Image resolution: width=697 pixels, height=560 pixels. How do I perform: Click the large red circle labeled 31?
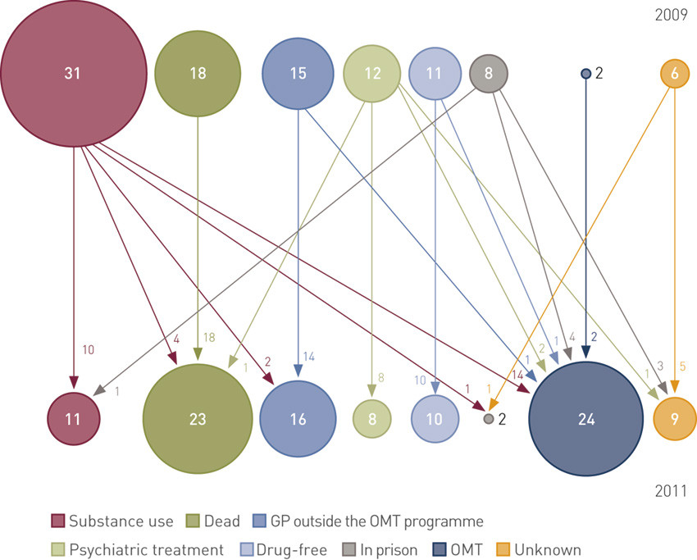pos(74,73)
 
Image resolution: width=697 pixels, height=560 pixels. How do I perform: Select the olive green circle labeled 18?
pos(198,73)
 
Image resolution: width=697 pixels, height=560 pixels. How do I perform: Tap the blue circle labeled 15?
pos(298,73)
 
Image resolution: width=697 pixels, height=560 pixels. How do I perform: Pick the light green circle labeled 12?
pos(372,73)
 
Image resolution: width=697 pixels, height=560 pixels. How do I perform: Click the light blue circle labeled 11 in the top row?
pos(435,73)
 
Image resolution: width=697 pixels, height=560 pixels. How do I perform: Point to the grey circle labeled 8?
pos(489,73)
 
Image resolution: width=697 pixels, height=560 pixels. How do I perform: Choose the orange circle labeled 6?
pos(674,73)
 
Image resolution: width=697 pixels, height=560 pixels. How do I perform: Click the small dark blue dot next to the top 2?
pos(585,73)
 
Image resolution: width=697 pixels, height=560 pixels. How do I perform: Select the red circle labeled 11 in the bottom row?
pos(73,418)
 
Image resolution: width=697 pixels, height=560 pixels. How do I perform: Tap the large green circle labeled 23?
pos(198,418)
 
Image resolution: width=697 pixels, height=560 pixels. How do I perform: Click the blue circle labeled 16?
pos(298,418)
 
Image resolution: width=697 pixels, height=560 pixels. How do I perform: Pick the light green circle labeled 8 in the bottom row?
pos(372,418)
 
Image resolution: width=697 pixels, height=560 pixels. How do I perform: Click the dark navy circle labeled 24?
pos(585,418)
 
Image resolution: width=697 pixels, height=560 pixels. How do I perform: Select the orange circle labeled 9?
pos(675,418)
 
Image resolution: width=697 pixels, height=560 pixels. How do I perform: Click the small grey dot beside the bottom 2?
pos(489,418)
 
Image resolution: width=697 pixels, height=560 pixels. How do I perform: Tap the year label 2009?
pos(672,15)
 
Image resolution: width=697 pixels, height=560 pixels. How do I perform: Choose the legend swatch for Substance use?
pos(58,521)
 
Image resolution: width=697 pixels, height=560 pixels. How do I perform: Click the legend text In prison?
pos(389,550)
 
